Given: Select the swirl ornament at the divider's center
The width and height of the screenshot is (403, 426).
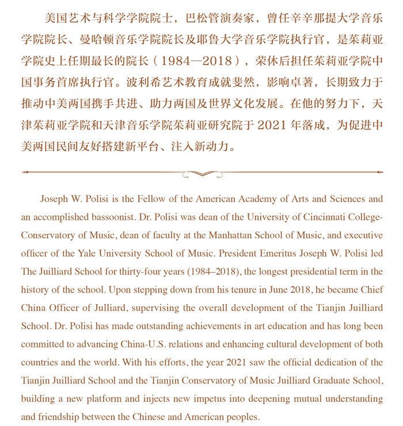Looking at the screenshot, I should tap(201, 173).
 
